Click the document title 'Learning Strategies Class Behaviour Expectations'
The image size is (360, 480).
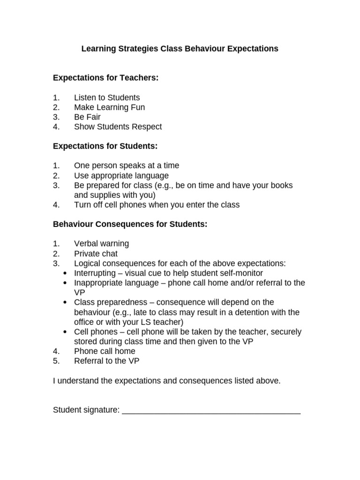coord(180,49)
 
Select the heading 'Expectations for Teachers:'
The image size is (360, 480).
coord(106,78)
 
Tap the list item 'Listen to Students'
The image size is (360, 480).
coord(107,97)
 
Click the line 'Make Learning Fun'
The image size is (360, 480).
coord(109,107)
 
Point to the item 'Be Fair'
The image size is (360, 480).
coord(87,117)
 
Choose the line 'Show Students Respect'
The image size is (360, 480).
coord(118,127)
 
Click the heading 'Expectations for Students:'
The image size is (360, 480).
coord(105,146)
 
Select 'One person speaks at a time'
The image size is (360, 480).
coord(127,165)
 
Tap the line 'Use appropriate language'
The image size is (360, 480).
coord(121,176)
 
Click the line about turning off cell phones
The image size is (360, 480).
coord(157,204)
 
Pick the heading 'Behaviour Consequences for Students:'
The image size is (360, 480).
coord(130,224)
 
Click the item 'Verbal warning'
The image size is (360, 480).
coord(101,244)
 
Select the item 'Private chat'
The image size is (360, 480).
coord(96,254)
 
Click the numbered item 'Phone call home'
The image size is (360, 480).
coord(105,351)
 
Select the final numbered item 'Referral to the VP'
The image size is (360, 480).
coord(106,361)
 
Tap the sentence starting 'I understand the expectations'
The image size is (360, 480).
coord(167,381)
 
